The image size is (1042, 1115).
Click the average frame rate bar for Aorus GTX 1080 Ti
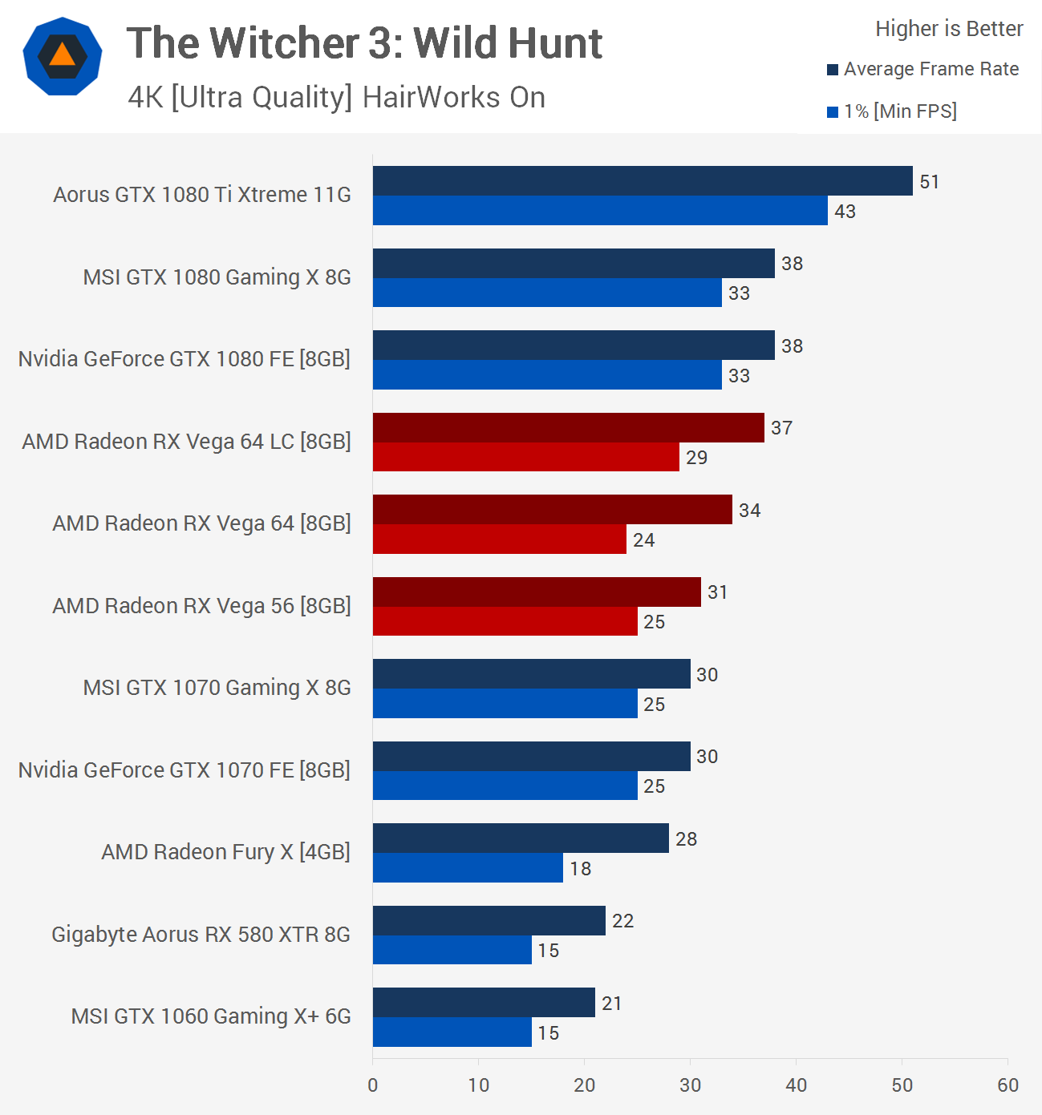pyautogui.click(x=642, y=181)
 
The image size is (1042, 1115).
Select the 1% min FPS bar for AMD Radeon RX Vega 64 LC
pyautogui.click(x=525, y=457)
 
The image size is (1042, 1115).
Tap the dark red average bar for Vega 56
pyautogui.click(x=536, y=592)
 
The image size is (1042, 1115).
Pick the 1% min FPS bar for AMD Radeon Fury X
pyautogui.click(x=468, y=868)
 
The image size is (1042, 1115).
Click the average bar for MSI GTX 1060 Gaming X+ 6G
pyautogui.click(x=484, y=1003)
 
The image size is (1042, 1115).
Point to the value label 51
pyautogui.click(x=929, y=182)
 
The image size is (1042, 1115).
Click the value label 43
pyautogui.click(x=845, y=212)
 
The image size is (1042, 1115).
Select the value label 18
pyautogui.click(x=580, y=869)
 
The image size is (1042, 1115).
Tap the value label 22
pyautogui.click(x=622, y=921)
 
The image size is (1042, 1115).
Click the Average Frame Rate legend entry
pyautogui.click(x=931, y=70)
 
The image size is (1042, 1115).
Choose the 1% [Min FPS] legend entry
pyautogui.click(x=899, y=111)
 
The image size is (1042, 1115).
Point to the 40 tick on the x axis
pyautogui.click(x=796, y=1085)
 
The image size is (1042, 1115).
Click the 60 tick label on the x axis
pyautogui.click(x=1008, y=1085)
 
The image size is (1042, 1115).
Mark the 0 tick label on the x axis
pyautogui.click(x=373, y=1085)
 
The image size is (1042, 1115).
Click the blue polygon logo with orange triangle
pyautogui.click(x=63, y=56)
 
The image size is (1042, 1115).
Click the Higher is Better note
pyautogui.click(x=949, y=29)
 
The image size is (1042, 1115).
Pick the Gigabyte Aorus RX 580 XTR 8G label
pyautogui.click(x=201, y=935)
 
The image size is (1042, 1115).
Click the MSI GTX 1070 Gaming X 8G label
pyautogui.click(x=217, y=688)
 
